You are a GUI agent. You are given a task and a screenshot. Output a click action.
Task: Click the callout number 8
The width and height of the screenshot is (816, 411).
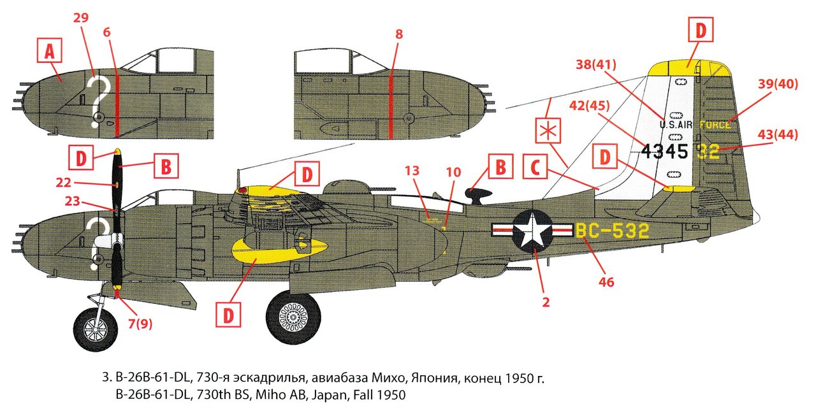399,35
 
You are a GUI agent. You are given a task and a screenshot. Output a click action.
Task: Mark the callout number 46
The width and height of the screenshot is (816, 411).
606,280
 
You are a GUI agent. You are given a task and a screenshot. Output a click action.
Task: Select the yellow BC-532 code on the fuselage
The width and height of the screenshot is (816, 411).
612,231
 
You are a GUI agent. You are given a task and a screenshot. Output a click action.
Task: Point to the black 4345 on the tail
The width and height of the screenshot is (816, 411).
664,151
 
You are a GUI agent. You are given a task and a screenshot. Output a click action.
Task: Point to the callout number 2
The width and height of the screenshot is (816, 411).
546,303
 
